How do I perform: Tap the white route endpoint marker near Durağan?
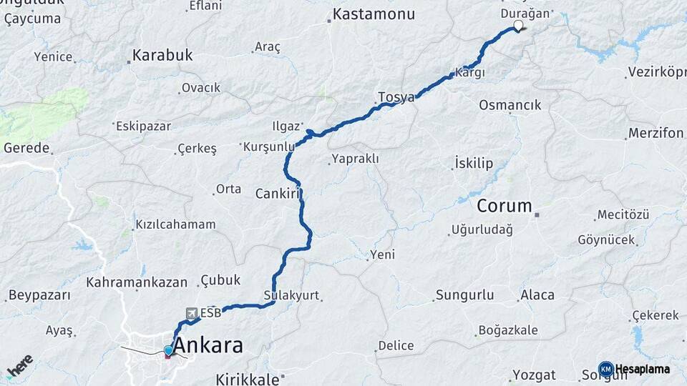(518, 26)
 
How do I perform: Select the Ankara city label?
(208, 346)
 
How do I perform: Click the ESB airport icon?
(192, 313)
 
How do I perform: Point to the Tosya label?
(396, 97)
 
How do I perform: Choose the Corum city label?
(505, 207)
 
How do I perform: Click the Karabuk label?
(163, 56)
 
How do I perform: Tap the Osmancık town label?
(510, 105)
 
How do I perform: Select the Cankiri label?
(276, 193)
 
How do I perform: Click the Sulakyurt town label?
(291, 295)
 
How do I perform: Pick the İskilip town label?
(474, 164)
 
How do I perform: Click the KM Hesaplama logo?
(635, 369)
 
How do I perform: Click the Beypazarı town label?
(39, 295)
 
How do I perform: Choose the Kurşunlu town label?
(269, 147)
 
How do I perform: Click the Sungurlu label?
(465, 295)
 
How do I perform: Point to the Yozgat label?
(534, 375)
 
